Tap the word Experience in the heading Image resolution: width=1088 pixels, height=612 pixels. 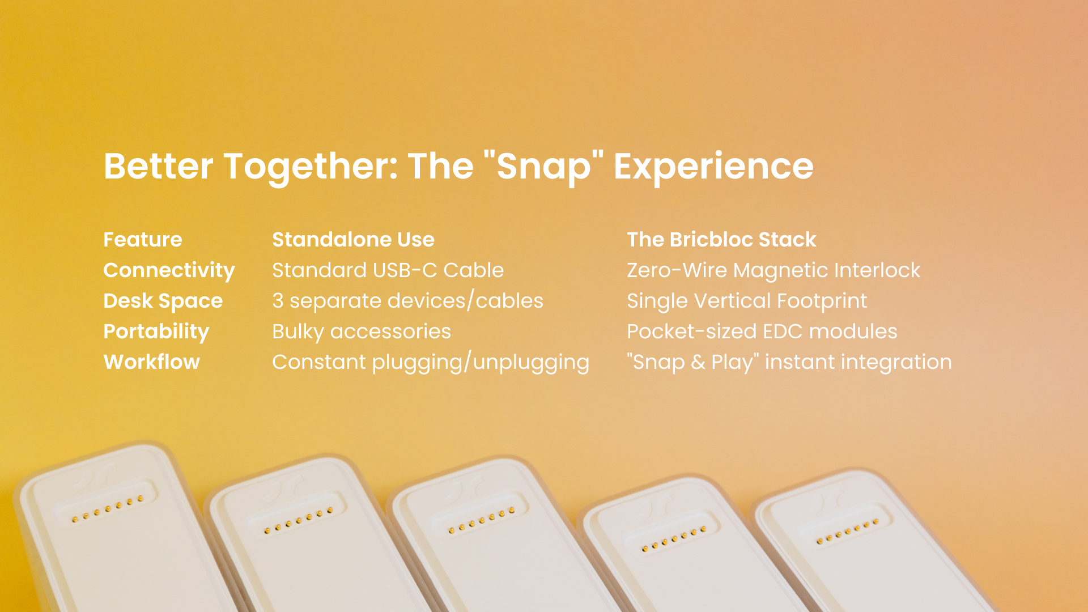point(713,166)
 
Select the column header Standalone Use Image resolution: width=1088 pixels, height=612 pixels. point(353,239)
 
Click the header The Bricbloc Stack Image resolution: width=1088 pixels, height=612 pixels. point(721,239)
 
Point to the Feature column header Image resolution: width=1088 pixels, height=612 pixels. point(143,239)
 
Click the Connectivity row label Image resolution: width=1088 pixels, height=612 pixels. point(169,271)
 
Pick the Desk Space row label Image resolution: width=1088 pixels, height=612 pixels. point(163,301)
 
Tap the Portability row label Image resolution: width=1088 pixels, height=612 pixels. point(156,332)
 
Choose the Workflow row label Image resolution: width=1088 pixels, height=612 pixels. point(152,362)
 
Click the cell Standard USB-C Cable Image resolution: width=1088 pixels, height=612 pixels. point(388,270)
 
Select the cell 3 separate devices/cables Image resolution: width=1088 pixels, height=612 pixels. point(407,301)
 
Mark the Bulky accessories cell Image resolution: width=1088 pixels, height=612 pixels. point(362,332)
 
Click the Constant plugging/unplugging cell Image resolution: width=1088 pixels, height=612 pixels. point(431,363)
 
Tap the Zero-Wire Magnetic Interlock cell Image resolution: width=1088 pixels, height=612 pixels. point(773,271)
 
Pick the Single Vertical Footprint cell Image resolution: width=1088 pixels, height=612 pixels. point(747,301)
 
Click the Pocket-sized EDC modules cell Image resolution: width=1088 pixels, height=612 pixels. point(762,332)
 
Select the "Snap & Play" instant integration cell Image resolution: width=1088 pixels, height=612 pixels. point(789,363)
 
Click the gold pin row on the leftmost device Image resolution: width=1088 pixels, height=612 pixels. point(108,509)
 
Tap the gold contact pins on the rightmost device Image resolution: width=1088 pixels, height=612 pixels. point(848,532)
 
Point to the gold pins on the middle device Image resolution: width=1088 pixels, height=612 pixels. point(482,520)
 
